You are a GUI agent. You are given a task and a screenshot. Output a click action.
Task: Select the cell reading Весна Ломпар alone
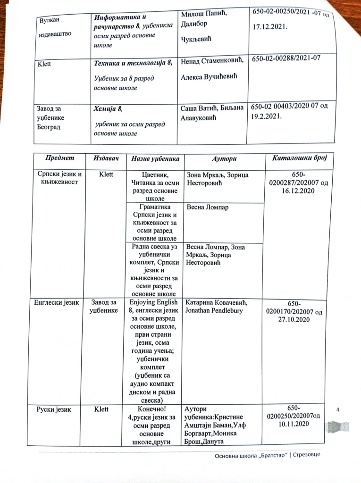(207, 207)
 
